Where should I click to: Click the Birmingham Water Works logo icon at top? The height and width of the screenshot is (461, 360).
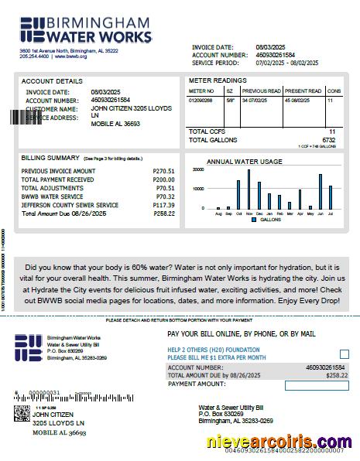click(33, 28)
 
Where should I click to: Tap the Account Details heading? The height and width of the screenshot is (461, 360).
click(52, 81)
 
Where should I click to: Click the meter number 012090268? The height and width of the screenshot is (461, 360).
click(201, 101)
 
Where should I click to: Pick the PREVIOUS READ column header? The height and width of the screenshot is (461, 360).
click(262, 91)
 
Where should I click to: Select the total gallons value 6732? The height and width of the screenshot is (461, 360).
click(329, 140)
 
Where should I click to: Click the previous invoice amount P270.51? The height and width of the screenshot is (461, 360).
click(163, 171)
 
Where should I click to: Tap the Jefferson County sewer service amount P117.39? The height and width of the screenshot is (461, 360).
click(163, 205)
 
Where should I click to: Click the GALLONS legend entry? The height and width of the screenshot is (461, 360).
click(266, 220)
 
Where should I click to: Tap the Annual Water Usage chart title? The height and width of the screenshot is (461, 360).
click(244, 162)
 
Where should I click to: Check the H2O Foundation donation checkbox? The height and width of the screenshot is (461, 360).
click(344, 354)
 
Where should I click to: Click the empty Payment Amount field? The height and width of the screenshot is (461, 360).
click(316, 385)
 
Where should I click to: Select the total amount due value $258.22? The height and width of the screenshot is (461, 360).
click(338, 375)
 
